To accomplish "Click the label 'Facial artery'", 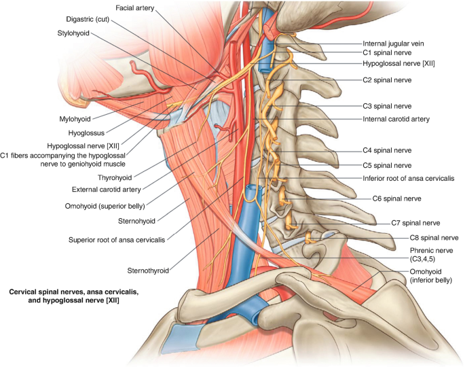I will coord(136,8).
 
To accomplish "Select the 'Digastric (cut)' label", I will coord(88,20).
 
